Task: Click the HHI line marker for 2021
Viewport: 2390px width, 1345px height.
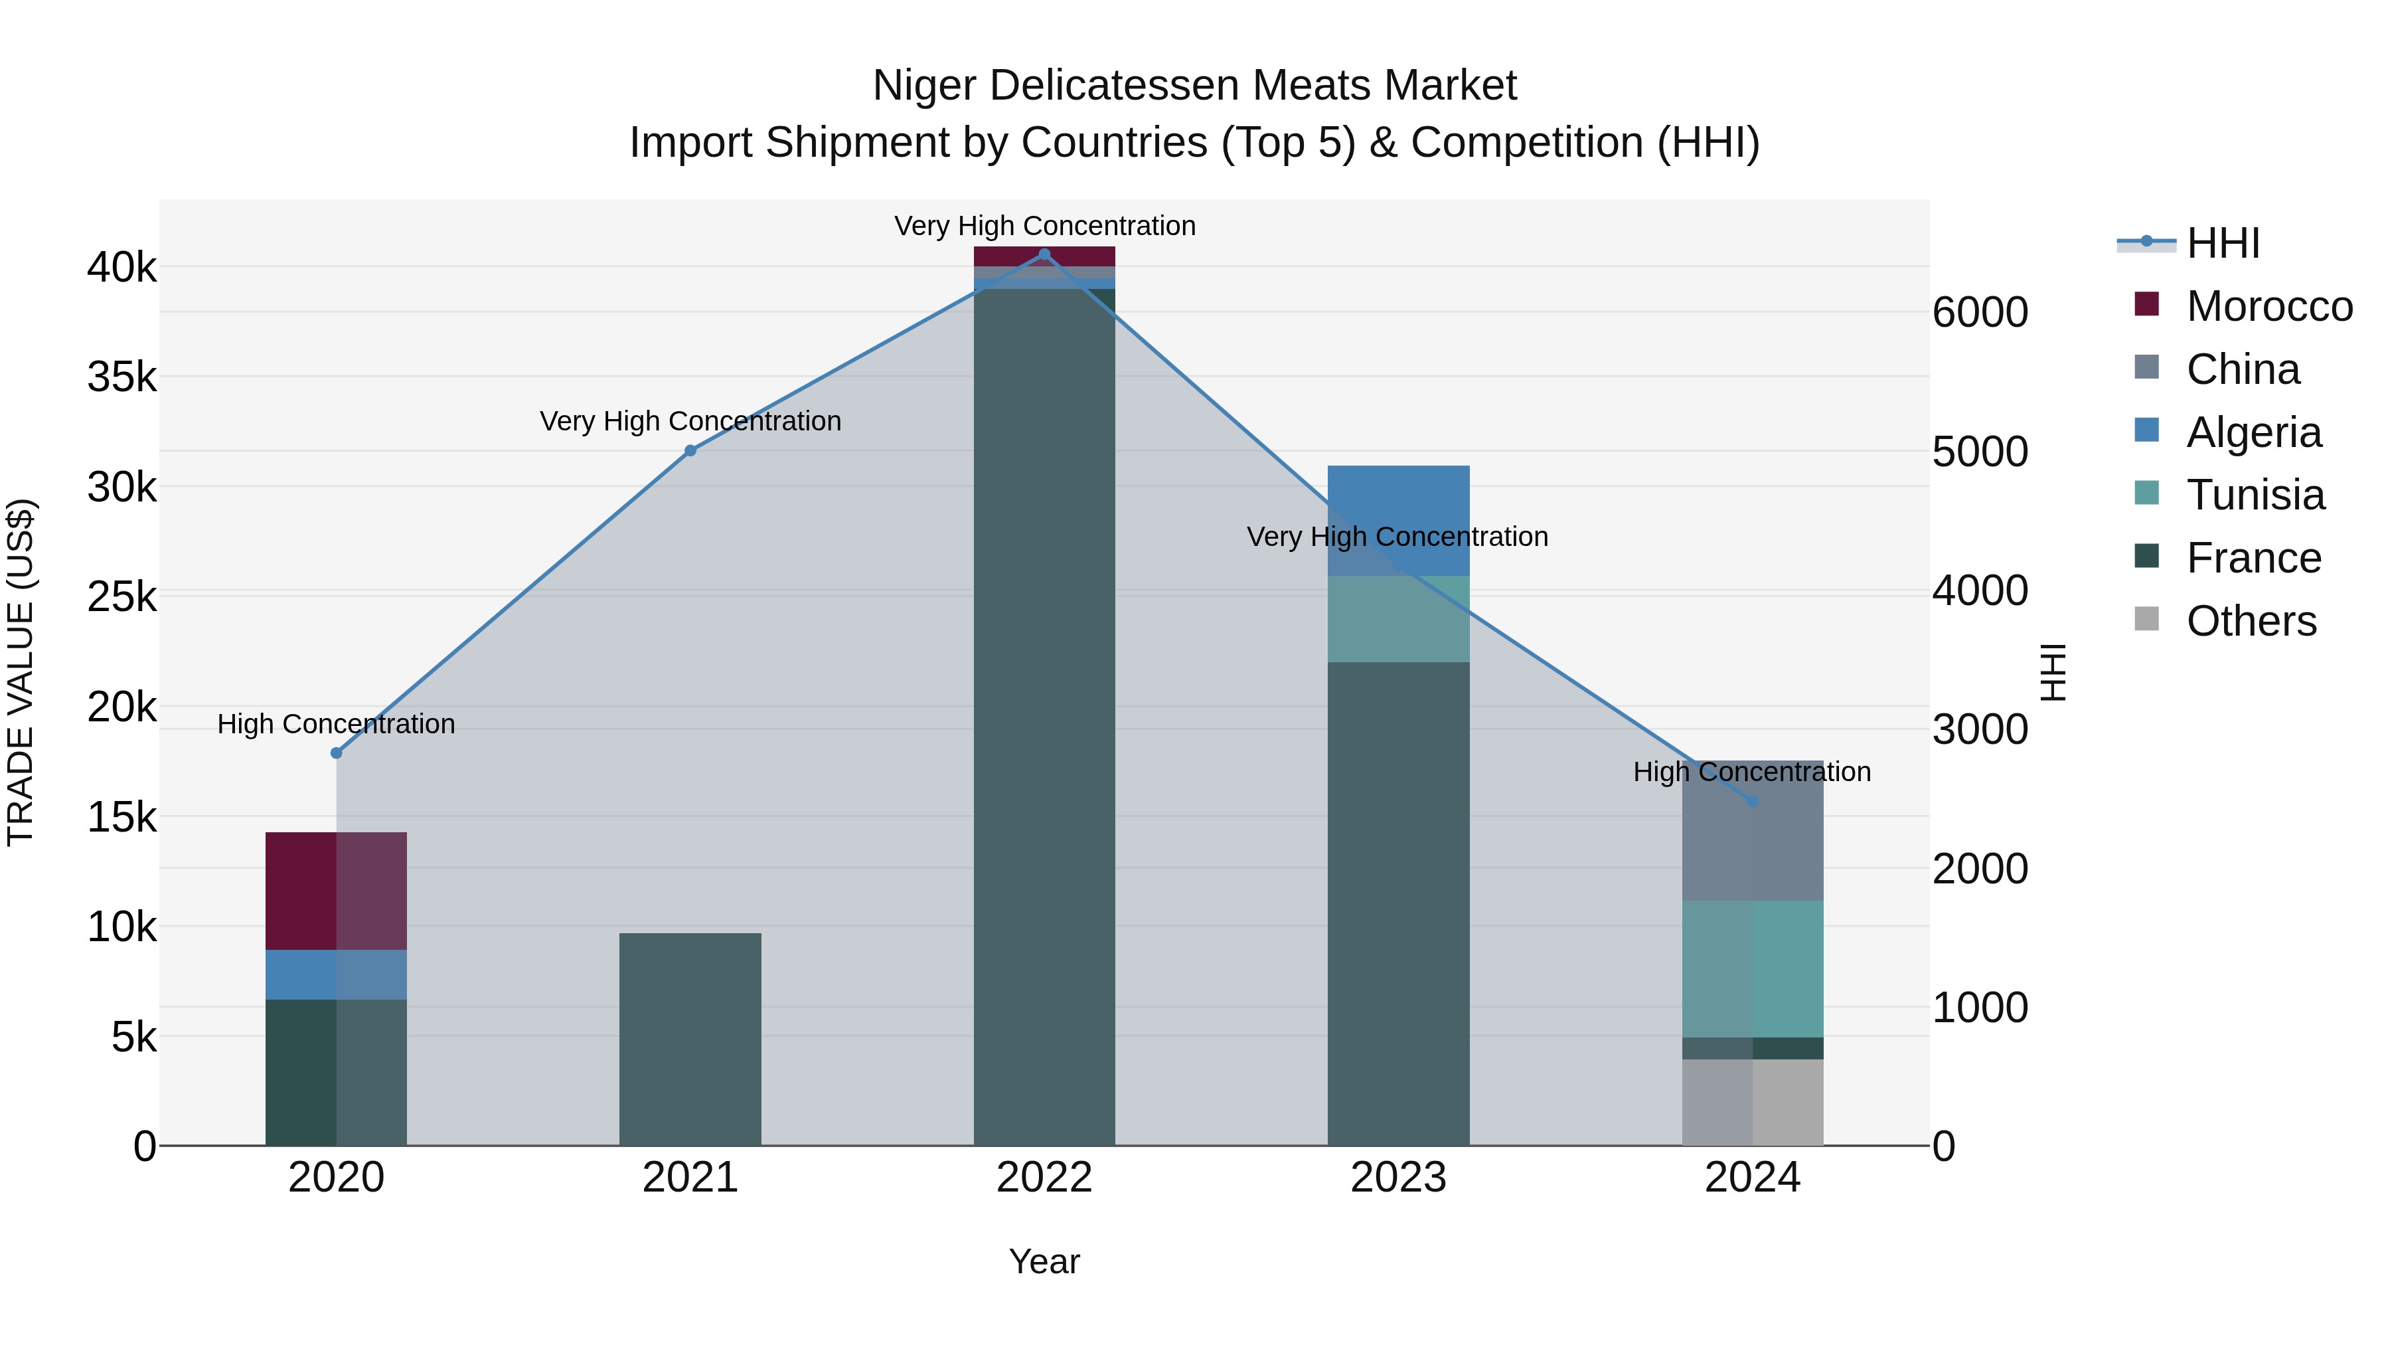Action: (690, 451)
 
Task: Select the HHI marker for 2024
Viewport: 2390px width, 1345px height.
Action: (1753, 801)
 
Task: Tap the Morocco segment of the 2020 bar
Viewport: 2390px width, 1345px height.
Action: (336, 891)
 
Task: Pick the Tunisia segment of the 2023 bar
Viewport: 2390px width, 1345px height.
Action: (1398, 619)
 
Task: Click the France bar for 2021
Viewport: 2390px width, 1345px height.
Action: (690, 1039)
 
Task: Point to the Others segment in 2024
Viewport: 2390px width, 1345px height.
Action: (1753, 1103)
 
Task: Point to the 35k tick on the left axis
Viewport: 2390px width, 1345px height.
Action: (121, 377)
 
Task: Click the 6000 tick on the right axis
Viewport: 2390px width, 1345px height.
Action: (1980, 312)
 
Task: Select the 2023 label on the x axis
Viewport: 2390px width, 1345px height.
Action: (1398, 1178)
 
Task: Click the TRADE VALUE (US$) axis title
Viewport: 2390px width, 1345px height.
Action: (21, 672)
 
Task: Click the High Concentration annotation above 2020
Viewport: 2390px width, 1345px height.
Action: (336, 724)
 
